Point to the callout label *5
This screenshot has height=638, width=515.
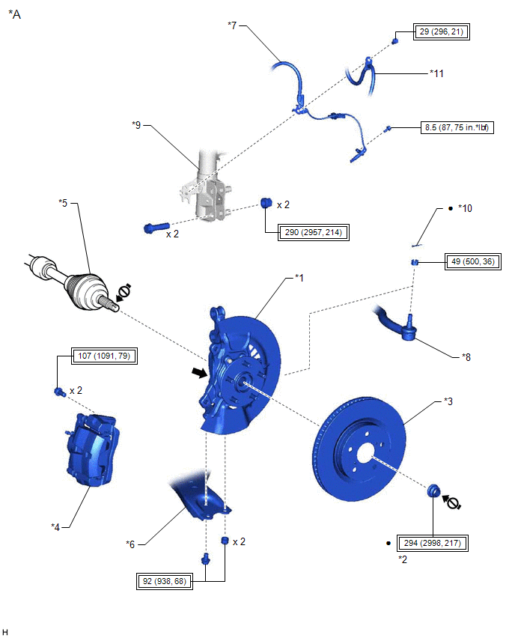pyautogui.click(x=64, y=202)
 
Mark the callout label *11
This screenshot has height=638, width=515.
pyautogui.click(x=437, y=73)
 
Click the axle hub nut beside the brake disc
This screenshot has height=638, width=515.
pyautogui.click(x=433, y=491)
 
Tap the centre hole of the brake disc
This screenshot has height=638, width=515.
pyautogui.click(x=366, y=454)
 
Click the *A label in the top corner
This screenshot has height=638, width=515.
pyautogui.click(x=14, y=13)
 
